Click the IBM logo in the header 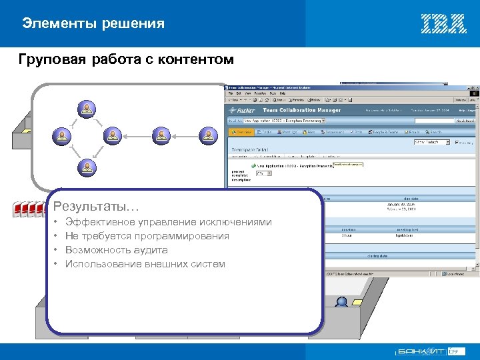pos(443,23)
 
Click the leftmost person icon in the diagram pos(61,135)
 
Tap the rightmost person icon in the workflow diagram pos(209,135)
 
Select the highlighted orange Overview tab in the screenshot pos(243,132)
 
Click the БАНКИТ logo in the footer pos(421,351)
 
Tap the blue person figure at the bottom pos(341,302)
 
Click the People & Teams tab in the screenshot pos(386,132)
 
